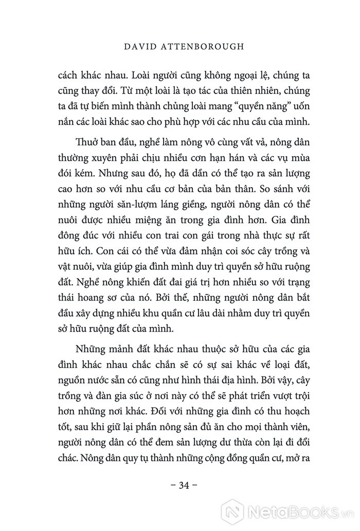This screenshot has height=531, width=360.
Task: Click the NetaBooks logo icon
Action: [x=232, y=510]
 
